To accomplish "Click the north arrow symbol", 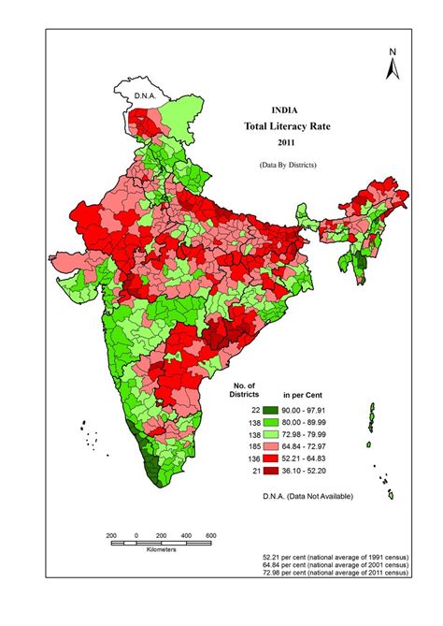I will [394, 68].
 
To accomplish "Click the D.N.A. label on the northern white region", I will [144, 95].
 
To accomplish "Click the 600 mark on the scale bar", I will [210, 534].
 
